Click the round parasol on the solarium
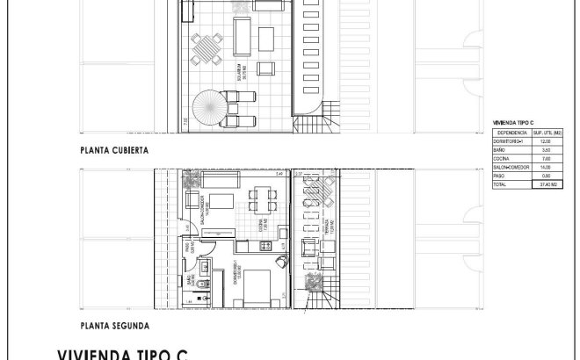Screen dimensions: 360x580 (x=210, y=109)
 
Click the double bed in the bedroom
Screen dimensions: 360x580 (x=258, y=285)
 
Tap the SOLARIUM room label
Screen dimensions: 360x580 (x=238, y=70)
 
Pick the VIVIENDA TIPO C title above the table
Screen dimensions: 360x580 (x=515, y=122)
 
